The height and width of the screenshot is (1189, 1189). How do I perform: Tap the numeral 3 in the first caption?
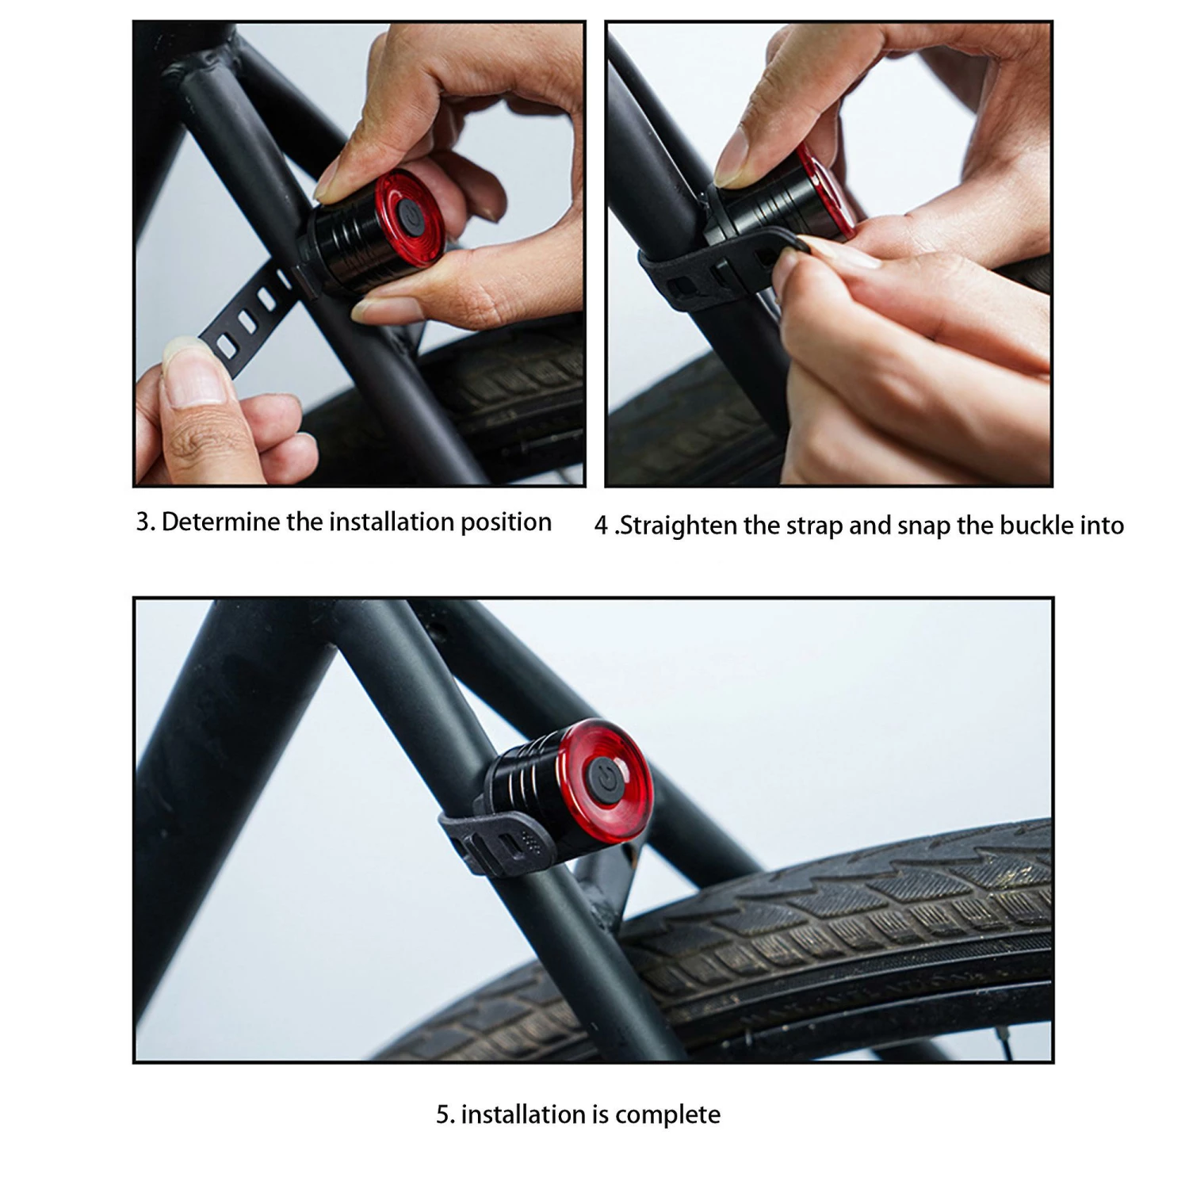143,522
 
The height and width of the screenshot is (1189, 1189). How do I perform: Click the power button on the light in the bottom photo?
606,778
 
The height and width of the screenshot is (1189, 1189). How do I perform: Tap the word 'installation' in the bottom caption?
524,1114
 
